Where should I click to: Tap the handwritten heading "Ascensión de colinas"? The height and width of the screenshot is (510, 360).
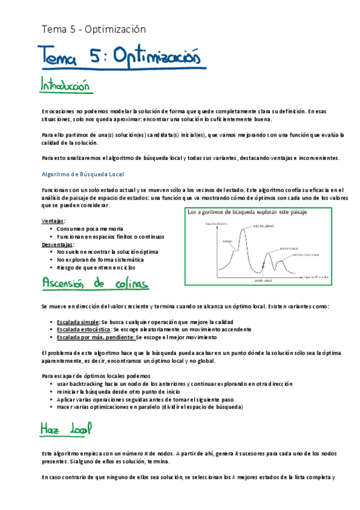click(x=96, y=283)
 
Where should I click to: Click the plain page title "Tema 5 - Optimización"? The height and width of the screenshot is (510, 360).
click(x=93, y=29)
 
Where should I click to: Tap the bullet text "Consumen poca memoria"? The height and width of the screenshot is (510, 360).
click(x=90, y=229)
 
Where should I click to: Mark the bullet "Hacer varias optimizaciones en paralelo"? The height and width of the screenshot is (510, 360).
click(x=150, y=407)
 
